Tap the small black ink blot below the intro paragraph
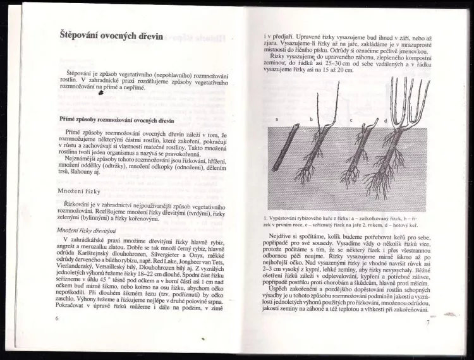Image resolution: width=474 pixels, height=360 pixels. (102, 93)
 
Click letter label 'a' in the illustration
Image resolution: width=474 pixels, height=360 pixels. (277, 119)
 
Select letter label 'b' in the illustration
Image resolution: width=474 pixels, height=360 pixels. (310, 119)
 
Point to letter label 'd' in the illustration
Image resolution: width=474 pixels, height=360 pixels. (385, 120)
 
